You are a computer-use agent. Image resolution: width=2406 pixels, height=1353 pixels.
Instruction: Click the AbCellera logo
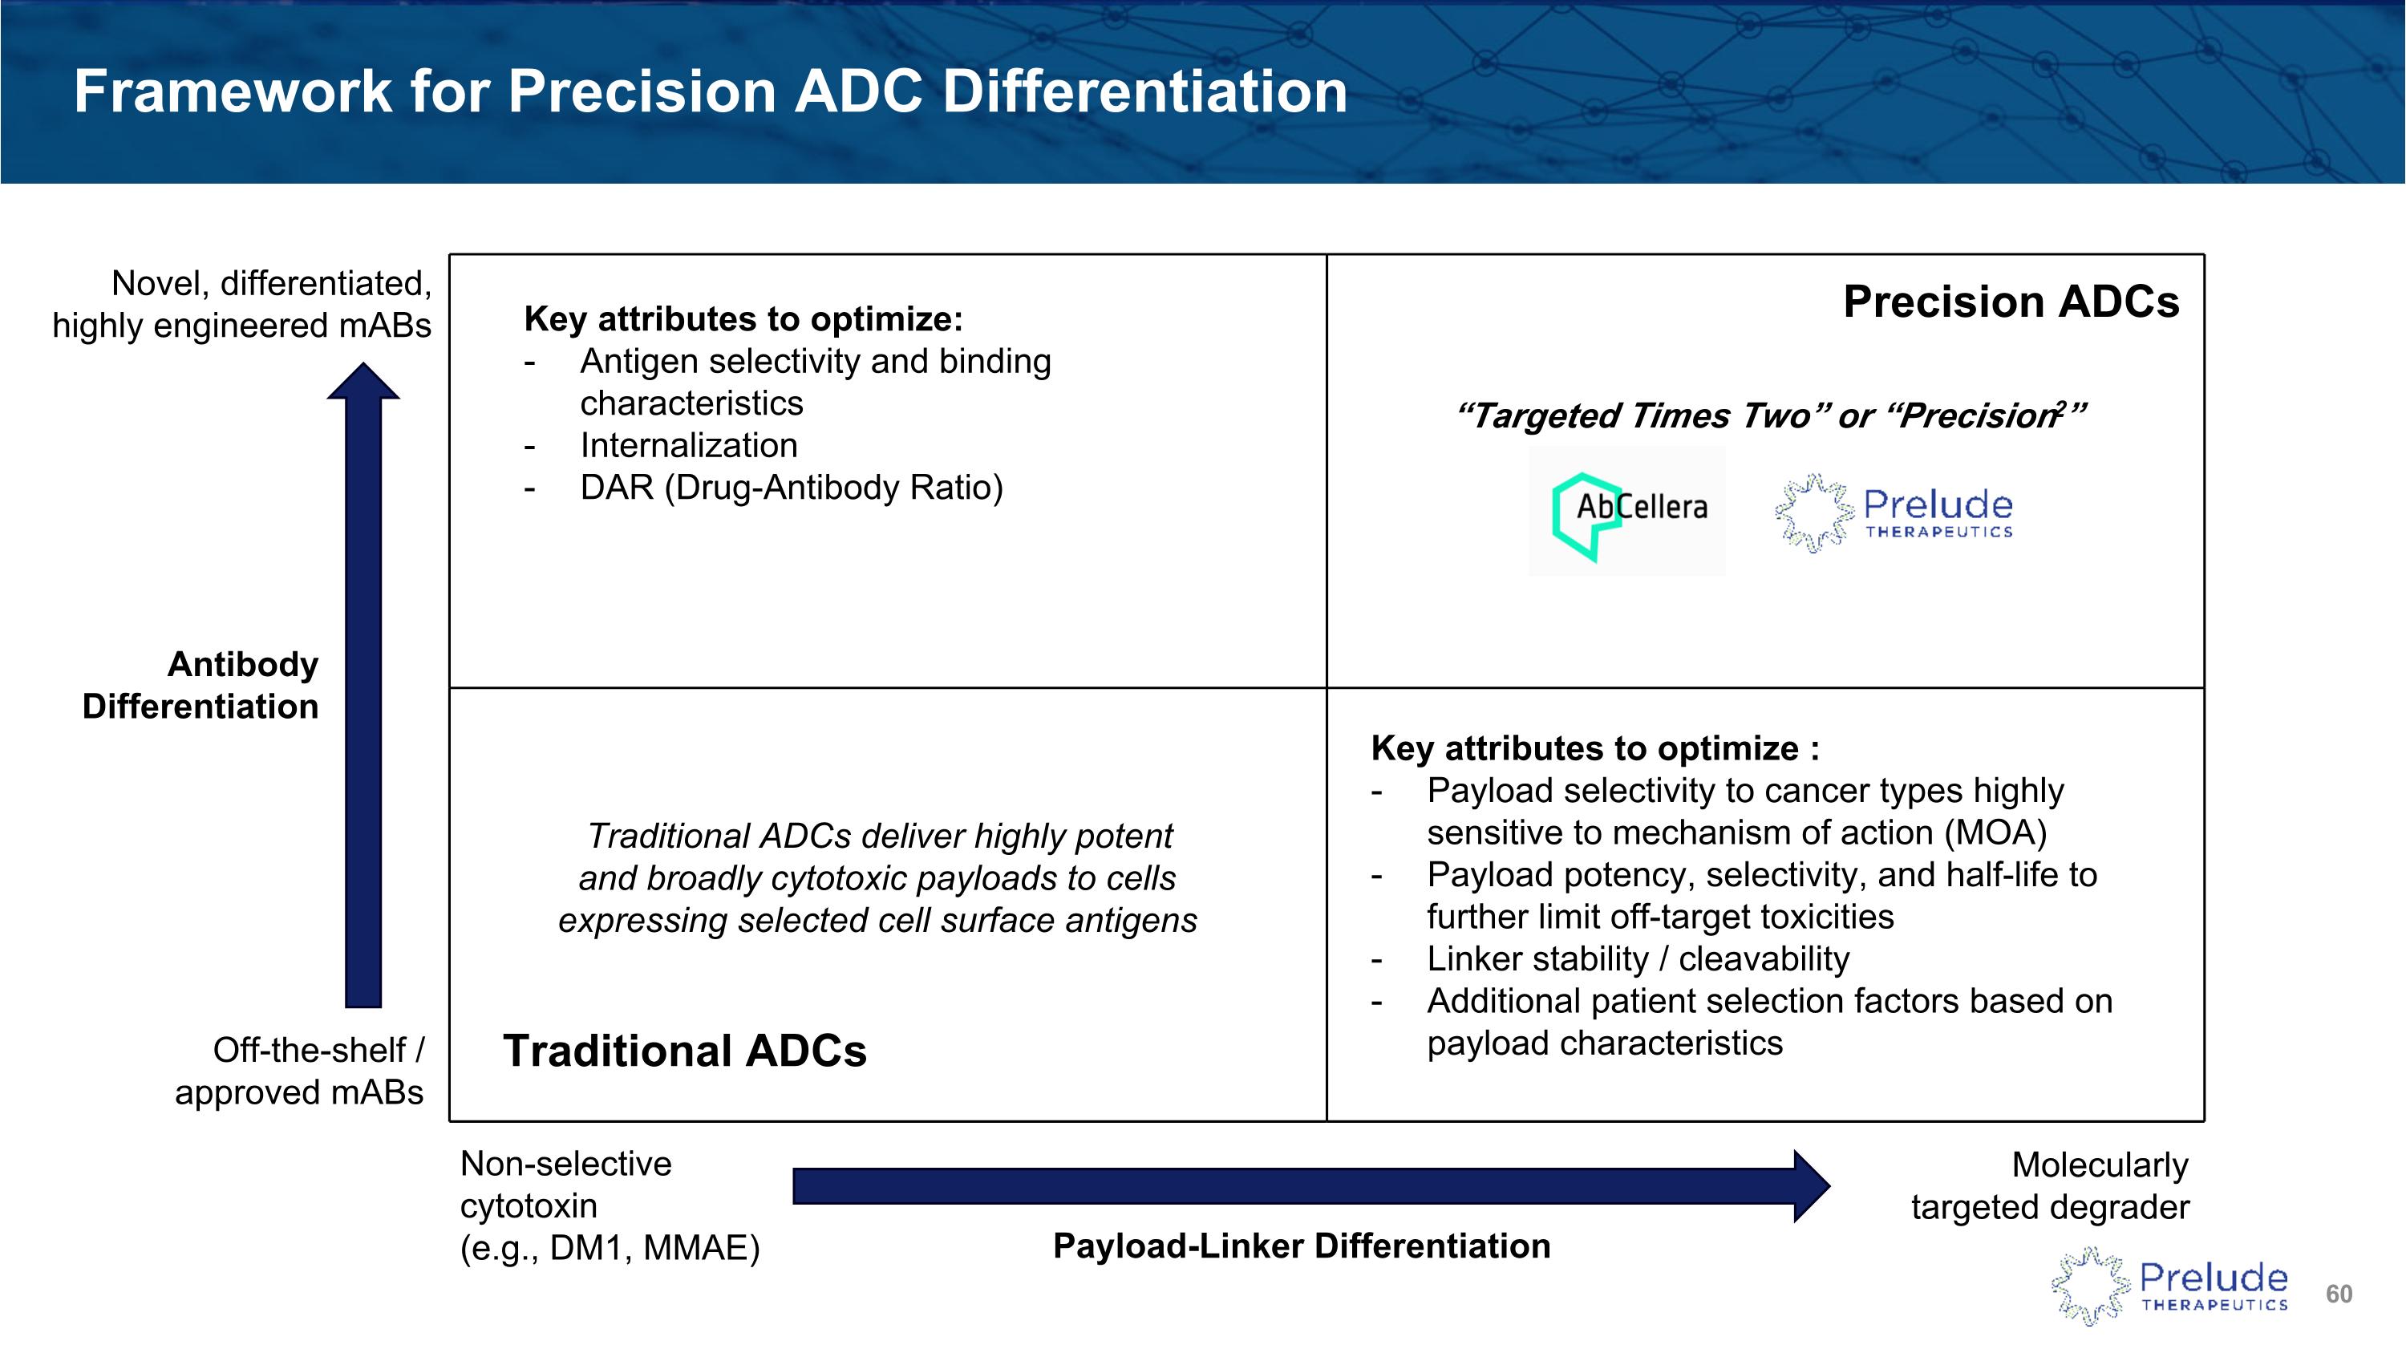[1627, 511]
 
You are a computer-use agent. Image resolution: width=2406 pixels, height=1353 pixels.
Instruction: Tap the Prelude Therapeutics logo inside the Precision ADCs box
[1894, 512]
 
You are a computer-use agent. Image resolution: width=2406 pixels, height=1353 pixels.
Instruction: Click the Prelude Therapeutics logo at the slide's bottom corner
[2169, 1286]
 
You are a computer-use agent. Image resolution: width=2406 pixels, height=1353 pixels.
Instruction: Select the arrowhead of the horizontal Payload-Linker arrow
[1810, 1186]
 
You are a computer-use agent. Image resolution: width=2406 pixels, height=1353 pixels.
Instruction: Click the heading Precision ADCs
[2010, 302]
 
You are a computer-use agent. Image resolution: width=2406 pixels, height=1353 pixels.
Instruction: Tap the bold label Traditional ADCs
[685, 1051]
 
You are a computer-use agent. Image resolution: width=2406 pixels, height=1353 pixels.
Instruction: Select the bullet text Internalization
[688, 445]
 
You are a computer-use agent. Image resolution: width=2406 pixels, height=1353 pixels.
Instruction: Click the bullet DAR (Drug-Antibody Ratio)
[791, 488]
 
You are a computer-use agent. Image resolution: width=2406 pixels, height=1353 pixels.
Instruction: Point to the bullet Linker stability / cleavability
[1638, 959]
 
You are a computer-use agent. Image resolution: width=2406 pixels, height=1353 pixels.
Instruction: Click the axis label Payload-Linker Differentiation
[1301, 1246]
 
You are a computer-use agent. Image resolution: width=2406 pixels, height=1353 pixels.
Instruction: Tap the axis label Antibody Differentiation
[200, 686]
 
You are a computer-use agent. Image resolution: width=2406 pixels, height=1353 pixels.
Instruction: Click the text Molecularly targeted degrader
[2050, 1186]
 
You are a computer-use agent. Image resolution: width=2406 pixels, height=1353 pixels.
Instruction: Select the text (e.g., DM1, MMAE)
[610, 1247]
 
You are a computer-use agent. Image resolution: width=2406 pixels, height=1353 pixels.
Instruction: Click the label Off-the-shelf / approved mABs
[299, 1071]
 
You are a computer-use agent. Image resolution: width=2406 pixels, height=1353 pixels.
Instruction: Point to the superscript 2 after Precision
[2060, 405]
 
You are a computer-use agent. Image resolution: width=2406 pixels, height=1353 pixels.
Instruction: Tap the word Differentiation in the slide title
[1144, 91]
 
